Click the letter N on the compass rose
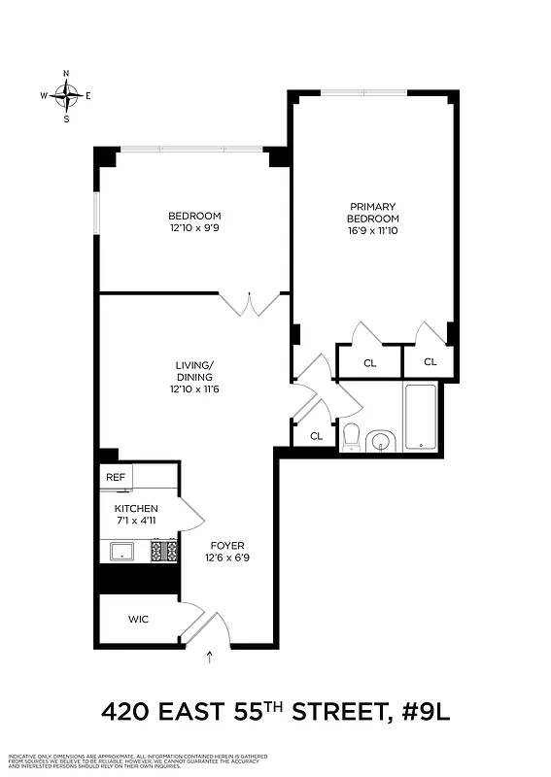tap(66, 74)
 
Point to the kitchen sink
tap(123, 552)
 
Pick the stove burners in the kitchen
tap(164, 551)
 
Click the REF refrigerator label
tap(116, 478)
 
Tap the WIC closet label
tap(139, 619)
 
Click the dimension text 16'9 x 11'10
tap(374, 231)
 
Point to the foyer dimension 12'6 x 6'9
tap(228, 558)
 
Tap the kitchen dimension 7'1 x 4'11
tap(136, 523)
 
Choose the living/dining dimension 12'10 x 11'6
tap(194, 389)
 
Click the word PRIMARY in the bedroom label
tap(374, 206)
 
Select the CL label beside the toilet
tap(316, 436)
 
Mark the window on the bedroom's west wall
tap(96, 214)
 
